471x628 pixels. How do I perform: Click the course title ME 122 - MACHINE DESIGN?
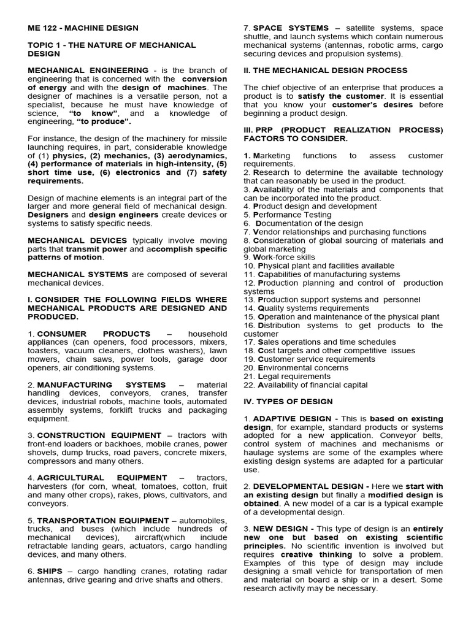83,28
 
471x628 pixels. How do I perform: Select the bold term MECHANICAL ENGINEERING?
88,71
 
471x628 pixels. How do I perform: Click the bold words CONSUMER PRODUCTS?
94,334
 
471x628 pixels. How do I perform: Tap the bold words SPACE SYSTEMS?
291,28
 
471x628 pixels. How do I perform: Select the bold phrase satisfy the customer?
342,96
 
